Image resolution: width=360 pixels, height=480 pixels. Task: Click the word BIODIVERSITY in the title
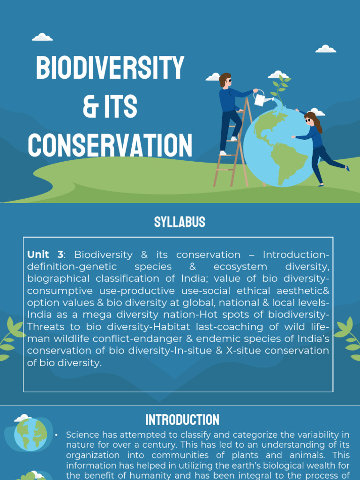coord(110,68)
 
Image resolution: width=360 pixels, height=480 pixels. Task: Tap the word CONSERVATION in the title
coord(110,145)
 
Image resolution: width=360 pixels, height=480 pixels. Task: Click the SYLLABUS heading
coord(180,222)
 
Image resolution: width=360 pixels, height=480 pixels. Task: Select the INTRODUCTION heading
coord(182,420)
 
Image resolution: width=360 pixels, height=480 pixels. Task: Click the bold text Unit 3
coord(45,255)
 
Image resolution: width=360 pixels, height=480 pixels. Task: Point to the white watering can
coord(260,98)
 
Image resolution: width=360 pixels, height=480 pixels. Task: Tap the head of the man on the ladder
coord(225,80)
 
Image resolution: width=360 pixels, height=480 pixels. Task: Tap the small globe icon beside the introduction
coord(30,435)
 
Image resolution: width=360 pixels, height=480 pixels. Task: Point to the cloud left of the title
coord(42,37)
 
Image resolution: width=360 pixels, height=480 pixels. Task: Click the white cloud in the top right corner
coord(326,49)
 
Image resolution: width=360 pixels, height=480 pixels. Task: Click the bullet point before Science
coord(56,435)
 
